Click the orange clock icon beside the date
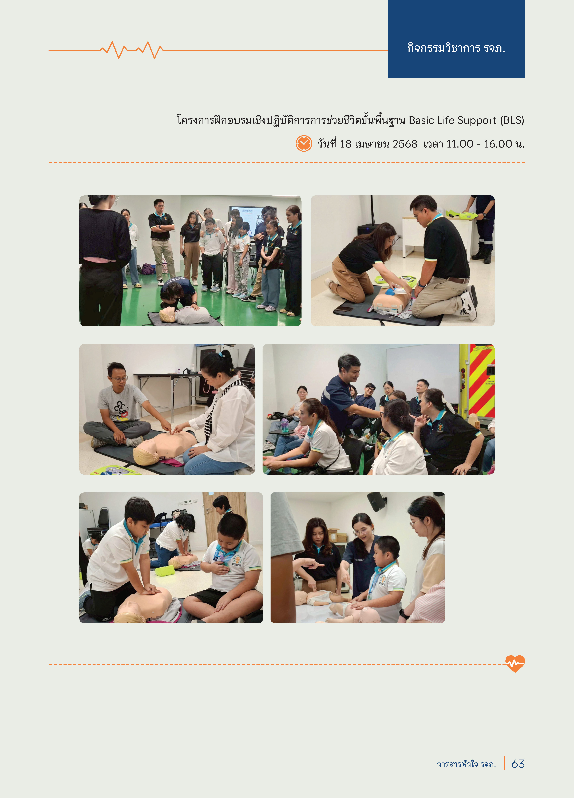304,144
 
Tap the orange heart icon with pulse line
515,664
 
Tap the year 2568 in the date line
405,144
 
